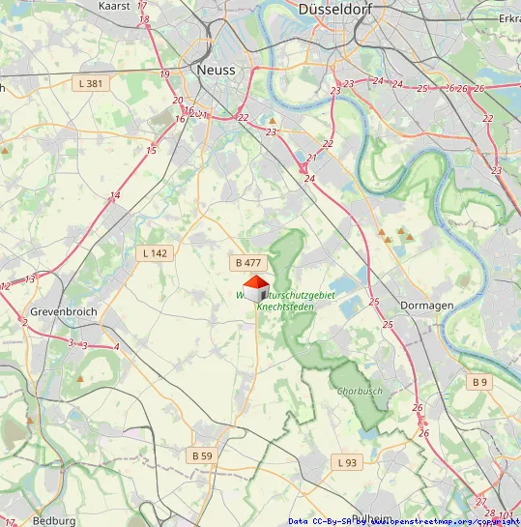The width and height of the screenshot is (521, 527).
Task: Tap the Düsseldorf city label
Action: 334,9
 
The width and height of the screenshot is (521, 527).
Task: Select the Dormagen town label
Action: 425,305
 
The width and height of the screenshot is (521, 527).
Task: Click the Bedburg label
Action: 53,520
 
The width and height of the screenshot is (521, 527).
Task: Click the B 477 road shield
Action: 247,263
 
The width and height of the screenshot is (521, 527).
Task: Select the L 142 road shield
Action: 155,253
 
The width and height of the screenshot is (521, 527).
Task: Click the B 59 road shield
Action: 202,455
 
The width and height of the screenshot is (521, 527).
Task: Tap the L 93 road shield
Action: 348,463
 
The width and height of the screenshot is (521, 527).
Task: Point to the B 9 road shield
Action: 479,383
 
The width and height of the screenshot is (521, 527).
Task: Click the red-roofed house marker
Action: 255,287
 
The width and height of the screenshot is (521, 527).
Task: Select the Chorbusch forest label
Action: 360,392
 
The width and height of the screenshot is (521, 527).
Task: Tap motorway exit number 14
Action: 115,196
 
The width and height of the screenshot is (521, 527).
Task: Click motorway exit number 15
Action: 151,150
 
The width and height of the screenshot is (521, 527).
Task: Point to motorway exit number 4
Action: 116,346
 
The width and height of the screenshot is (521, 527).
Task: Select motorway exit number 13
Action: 30,278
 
